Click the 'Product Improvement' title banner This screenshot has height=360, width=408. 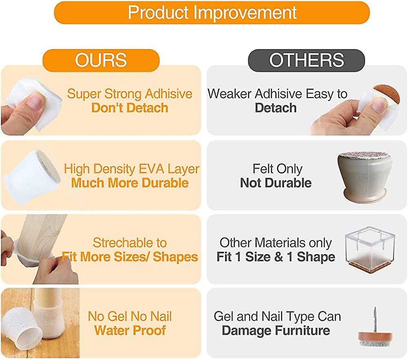(x=212, y=13)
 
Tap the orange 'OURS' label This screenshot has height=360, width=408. (x=101, y=60)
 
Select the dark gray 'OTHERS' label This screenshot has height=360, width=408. (x=307, y=60)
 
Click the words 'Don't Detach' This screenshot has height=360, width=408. (x=130, y=108)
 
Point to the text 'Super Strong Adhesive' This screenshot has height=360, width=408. (x=130, y=94)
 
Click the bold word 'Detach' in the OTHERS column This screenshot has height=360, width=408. (x=276, y=108)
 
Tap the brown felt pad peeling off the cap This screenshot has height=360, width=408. (x=386, y=95)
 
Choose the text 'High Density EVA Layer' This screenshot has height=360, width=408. (x=131, y=169)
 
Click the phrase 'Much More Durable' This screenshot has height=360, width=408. (x=130, y=183)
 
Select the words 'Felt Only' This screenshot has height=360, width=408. (x=278, y=169)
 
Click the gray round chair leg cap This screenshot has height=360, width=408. (x=365, y=176)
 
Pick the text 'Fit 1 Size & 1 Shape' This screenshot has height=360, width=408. (x=276, y=257)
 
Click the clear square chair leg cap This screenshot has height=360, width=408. (x=371, y=250)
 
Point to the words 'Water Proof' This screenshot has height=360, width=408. (x=130, y=330)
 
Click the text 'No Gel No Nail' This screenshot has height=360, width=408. (x=130, y=316)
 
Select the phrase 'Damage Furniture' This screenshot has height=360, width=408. (x=276, y=330)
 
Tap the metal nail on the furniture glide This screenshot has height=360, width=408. (x=375, y=320)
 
